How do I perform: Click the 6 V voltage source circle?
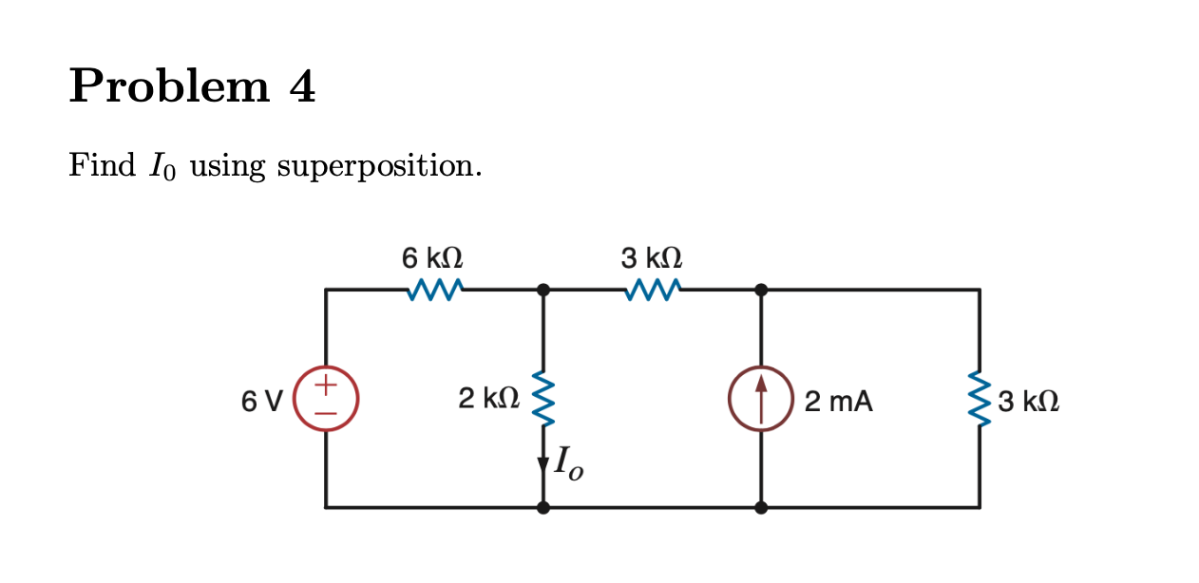[326, 399]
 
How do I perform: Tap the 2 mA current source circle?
[760, 399]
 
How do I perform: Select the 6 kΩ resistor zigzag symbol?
[433, 290]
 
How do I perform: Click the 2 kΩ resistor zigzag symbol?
[542, 399]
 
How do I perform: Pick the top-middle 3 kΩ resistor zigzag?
[652, 290]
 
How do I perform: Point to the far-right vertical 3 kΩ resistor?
[980, 399]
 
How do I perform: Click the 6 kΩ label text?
[432, 257]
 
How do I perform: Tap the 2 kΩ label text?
[488, 399]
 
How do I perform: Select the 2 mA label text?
[838, 402]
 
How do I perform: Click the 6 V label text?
[261, 402]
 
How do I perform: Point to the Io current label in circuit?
[568, 463]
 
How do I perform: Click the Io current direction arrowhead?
[543, 464]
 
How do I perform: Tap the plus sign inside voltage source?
[326, 386]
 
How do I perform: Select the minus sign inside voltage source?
[326, 413]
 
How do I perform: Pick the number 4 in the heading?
[302, 88]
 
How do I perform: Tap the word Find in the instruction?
[103, 166]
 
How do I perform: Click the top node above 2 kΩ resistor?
[542, 290]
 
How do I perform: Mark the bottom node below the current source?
[760, 507]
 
